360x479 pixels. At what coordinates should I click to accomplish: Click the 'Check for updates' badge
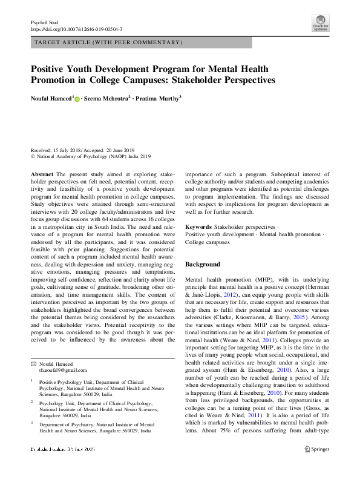(x=320, y=22)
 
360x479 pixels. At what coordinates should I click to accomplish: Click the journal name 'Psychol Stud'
(x=44, y=22)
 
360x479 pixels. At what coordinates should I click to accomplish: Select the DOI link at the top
(x=76, y=28)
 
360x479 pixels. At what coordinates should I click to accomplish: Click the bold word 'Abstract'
(x=41, y=173)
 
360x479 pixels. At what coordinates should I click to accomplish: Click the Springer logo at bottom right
(x=316, y=466)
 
